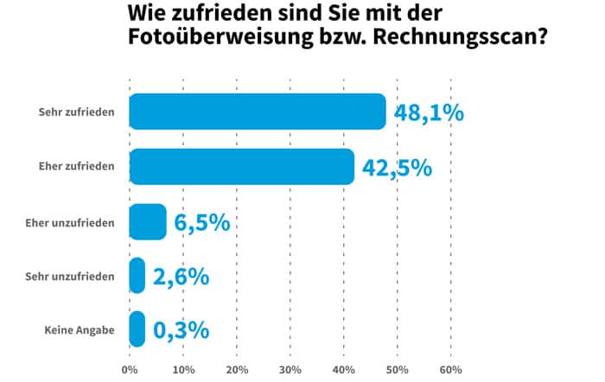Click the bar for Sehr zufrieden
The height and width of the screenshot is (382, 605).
pos(258,112)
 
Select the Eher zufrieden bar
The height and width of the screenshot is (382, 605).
pos(242,167)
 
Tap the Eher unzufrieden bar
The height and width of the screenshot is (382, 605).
pos(147,222)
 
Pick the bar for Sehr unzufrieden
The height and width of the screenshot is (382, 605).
pos(137,276)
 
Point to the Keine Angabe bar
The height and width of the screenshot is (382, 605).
pos(137,329)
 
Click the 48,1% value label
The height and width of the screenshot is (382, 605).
pos(430,113)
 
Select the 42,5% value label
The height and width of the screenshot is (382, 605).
pos(397,168)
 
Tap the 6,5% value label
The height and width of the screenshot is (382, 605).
pos(201,222)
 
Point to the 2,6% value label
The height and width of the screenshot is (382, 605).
pos(181,277)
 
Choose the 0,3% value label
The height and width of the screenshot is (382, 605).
pos(181,330)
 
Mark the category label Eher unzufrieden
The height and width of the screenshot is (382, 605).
pos(71,222)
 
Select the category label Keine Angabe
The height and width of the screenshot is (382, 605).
pos(80,330)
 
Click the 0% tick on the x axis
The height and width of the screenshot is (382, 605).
pos(130,370)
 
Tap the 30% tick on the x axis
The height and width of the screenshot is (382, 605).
pos(290,370)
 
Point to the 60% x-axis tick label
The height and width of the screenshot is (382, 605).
pos(450,370)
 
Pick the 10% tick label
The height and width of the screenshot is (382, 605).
pos(183,370)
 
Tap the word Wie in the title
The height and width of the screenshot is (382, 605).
pos(147,15)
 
